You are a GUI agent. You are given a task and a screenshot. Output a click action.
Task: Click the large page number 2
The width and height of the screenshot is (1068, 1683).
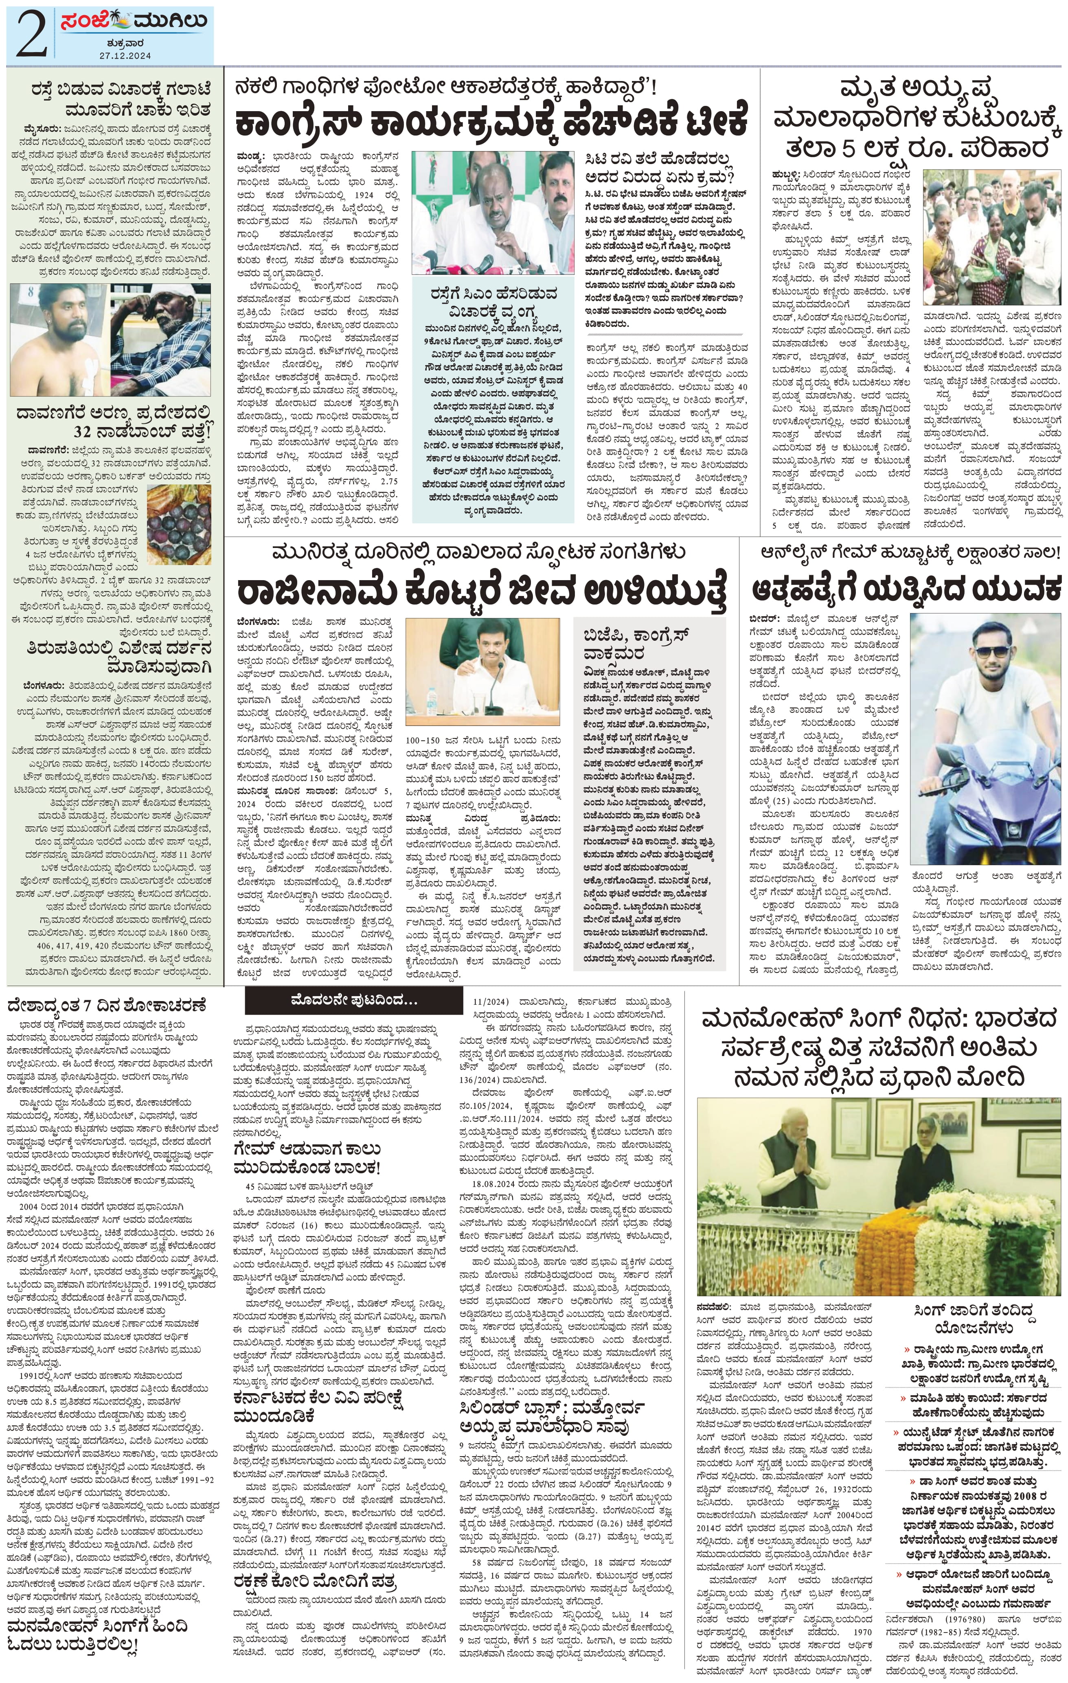tap(29, 33)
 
